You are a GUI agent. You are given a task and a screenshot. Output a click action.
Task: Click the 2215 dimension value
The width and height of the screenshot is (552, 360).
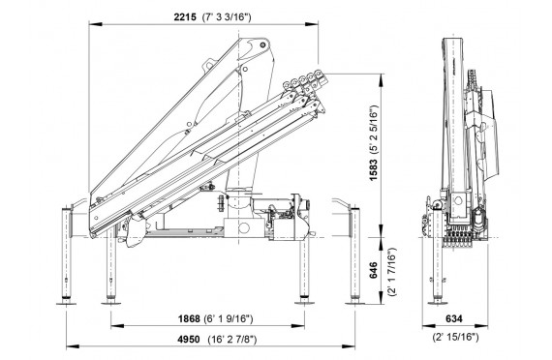[185, 16]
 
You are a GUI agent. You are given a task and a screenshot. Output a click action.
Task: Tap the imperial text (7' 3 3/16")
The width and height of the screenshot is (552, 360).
[227, 16]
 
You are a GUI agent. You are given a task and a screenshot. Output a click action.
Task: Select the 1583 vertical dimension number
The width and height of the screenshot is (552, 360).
[373, 169]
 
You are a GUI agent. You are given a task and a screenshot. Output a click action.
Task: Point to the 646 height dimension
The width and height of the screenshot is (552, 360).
[373, 270]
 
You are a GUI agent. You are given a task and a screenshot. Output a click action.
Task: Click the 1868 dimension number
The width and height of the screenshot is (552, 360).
[189, 318]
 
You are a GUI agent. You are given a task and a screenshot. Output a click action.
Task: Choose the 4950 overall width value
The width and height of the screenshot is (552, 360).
[188, 340]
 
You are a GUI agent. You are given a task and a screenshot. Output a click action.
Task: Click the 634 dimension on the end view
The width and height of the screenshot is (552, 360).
[454, 318]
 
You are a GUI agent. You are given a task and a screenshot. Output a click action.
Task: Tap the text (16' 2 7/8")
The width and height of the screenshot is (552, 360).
[232, 340]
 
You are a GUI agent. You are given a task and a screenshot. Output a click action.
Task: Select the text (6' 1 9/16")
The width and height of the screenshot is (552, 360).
[229, 318]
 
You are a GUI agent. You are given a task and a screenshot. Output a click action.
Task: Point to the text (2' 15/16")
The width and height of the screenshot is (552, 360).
[456, 337]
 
